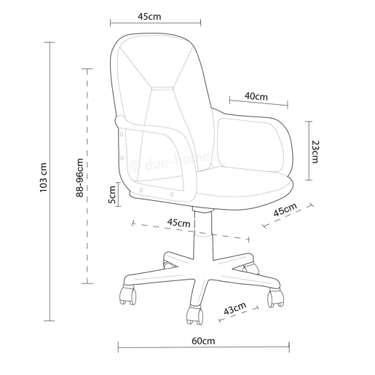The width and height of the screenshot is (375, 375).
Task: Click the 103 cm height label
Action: click(44, 178)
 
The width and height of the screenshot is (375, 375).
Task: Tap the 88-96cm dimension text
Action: click(80, 178)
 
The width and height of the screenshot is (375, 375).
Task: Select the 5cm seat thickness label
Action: click(112, 194)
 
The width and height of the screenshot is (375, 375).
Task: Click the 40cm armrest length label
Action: click(256, 96)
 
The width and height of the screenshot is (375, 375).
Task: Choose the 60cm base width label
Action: click(203, 341)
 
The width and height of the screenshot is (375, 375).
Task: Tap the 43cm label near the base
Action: click(234, 308)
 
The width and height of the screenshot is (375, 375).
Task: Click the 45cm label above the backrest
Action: click(149, 17)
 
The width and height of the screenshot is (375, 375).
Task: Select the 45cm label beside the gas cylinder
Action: click(178, 223)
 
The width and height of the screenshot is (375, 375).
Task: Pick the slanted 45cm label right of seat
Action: click(285, 209)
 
